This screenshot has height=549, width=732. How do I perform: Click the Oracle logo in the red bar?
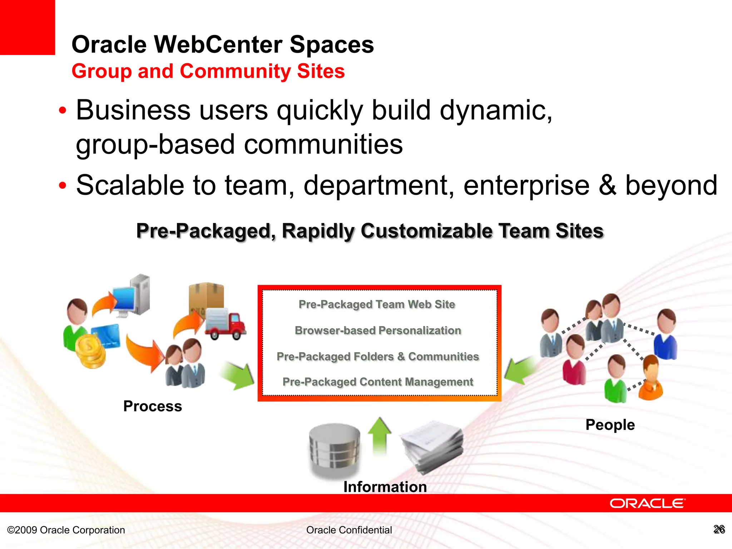click(647, 504)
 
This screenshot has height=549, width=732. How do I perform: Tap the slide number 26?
click(719, 529)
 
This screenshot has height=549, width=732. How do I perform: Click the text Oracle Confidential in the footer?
click(349, 530)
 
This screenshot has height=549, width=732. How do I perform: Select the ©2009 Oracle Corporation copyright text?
click(66, 530)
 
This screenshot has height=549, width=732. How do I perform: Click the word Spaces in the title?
click(332, 45)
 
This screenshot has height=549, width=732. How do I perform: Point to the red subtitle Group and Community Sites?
click(208, 71)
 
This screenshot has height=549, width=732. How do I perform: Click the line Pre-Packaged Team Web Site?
click(377, 304)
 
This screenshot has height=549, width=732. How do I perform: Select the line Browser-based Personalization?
click(378, 330)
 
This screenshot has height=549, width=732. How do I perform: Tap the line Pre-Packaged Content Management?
click(378, 382)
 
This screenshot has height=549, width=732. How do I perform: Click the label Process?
click(153, 406)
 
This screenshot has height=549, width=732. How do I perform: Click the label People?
click(610, 425)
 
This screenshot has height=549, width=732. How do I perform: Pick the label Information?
click(385, 487)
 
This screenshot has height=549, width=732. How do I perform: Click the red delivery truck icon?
click(226, 325)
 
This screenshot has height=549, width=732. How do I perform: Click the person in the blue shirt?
click(666, 334)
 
